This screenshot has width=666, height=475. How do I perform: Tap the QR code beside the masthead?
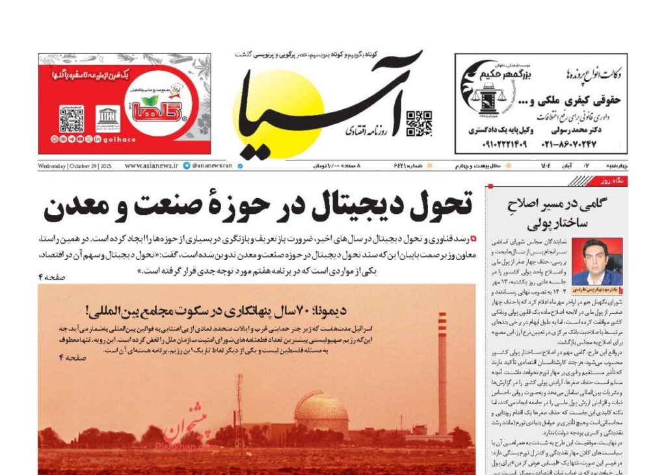pos(419,123)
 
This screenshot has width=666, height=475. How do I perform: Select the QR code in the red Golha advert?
pos(72,119)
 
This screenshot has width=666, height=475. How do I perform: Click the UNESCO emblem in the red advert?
pos(107,118)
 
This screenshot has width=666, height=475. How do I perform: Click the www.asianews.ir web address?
pos(151,166)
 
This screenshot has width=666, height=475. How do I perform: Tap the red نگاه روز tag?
pos(615,181)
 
